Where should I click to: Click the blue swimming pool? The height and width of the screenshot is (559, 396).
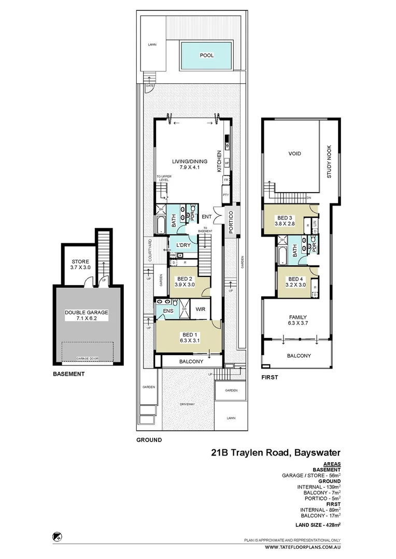207,55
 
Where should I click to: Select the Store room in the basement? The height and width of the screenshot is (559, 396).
80,264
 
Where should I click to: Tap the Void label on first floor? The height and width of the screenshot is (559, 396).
294,154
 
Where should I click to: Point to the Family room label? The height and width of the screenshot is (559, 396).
298,320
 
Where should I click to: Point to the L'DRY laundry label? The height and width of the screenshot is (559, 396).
183,245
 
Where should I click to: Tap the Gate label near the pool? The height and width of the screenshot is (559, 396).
150,85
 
